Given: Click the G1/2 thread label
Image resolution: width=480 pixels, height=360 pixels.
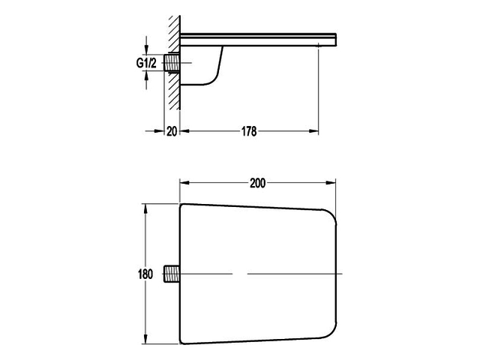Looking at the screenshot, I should [146, 64].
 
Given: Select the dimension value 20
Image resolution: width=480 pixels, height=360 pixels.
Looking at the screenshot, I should [172, 131].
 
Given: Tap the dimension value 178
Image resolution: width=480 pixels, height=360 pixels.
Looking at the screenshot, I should [249, 131].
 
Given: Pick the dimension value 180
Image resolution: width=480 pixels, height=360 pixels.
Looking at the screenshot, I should [145, 274].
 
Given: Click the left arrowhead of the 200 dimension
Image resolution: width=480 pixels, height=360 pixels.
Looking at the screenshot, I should [182, 182].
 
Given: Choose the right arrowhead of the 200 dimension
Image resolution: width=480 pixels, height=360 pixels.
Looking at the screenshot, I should [332, 182].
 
